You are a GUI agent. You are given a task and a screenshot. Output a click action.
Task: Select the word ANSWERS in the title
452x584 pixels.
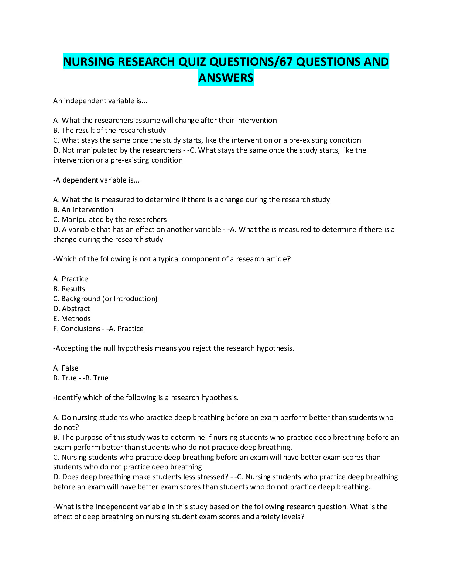pos(226,78)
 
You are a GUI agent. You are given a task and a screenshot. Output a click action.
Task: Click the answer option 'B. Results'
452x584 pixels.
pos(69,289)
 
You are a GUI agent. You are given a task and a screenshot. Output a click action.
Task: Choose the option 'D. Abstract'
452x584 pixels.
pos(71,309)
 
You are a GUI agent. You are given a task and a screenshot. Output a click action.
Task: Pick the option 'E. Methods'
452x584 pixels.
pos(72,319)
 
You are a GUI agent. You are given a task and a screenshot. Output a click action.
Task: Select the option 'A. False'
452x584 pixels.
pos(66,368)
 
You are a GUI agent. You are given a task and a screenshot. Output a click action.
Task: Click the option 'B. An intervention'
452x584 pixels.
pos(83,209)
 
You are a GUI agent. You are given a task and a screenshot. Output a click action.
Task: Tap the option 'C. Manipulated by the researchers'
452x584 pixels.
pos(110,219)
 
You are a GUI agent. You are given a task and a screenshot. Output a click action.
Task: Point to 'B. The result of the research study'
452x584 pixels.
pos(109,130)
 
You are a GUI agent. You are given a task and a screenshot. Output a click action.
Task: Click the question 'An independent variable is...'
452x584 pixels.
pos(100,101)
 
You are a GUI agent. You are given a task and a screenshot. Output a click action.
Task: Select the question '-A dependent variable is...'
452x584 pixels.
pos(96,180)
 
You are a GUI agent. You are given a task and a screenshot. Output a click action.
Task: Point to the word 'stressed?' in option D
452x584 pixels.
pos(213,477)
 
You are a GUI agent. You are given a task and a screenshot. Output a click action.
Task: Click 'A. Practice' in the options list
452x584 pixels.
pos(71,279)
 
